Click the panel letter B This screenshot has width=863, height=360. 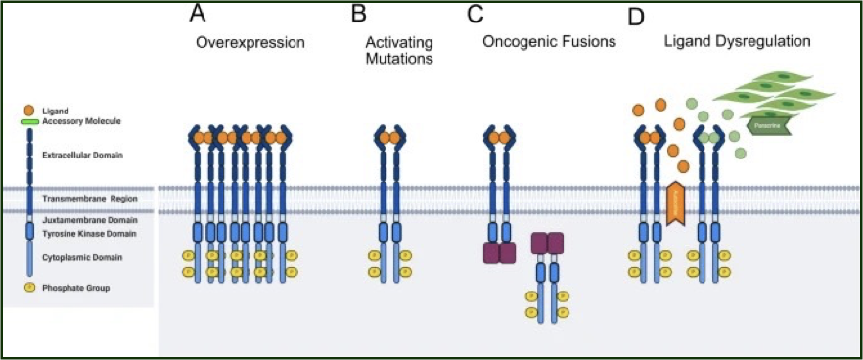click(359, 15)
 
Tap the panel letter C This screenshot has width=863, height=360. click(476, 15)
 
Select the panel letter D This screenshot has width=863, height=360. click(637, 17)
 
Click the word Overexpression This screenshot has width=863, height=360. click(250, 43)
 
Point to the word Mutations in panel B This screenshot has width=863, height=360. click(399, 60)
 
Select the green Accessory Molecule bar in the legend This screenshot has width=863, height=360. click(29, 122)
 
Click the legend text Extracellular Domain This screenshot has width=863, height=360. click(76, 155)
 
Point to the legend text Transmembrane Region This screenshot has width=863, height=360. click(85, 199)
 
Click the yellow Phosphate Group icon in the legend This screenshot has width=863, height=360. click(28, 288)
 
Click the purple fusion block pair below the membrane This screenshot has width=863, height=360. click(548, 243)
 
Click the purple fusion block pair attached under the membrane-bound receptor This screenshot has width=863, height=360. click(499, 252)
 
